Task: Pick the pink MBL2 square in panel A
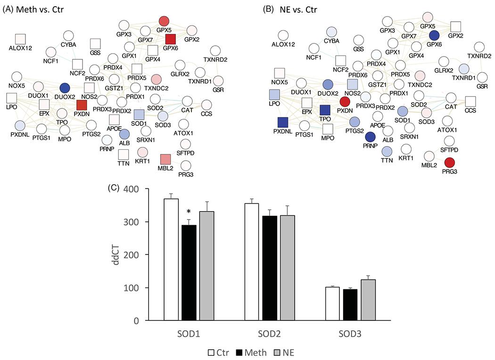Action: click(165, 159)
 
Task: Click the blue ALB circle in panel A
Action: click(124, 134)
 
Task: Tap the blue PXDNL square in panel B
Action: click(283, 123)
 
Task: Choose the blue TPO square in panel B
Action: click(325, 110)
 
